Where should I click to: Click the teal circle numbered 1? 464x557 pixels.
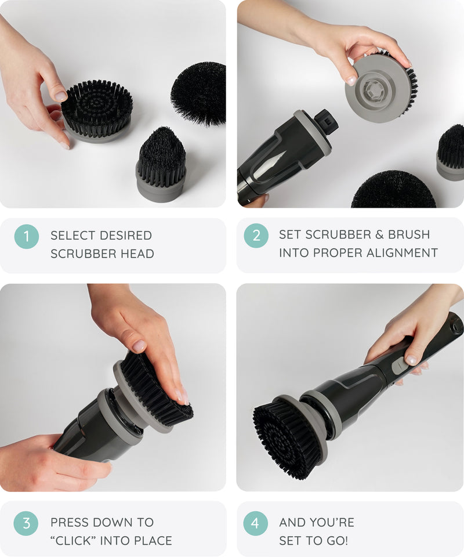(27, 236)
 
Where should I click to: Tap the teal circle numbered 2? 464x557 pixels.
(256, 236)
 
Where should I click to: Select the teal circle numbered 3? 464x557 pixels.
(26, 523)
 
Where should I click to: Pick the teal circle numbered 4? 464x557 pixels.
(255, 523)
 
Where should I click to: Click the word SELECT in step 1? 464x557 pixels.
(73, 235)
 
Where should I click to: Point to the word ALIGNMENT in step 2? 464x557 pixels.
(402, 252)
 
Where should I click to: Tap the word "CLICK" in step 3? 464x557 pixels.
(74, 541)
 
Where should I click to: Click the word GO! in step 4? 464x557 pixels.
(336, 541)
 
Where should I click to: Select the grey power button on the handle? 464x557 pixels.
(398, 366)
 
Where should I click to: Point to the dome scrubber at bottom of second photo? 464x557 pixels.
(393, 190)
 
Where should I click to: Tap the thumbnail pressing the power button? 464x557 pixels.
(412, 360)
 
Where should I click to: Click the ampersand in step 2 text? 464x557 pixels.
(379, 234)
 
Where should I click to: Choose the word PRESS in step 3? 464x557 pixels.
(71, 522)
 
